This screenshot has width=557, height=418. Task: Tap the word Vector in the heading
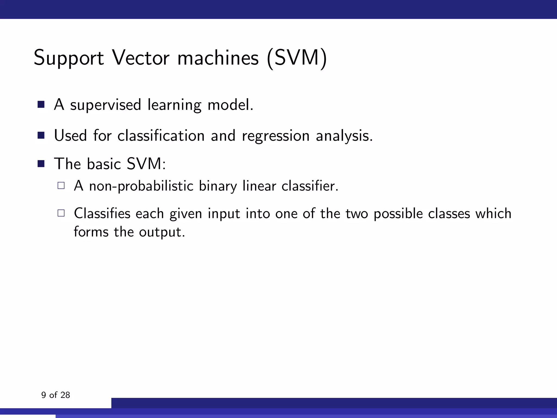click(141, 58)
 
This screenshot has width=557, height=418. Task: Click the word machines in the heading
click(218, 58)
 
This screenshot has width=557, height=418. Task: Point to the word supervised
click(106, 105)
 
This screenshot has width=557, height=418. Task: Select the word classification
click(161, 136)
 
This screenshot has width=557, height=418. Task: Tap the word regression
click(276, 136)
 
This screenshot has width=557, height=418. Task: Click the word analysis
click(344, 136)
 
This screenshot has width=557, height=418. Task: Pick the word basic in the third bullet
click(104, 164)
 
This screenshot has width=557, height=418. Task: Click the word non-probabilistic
click(141, 186)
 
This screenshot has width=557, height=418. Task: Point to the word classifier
click(310, 186)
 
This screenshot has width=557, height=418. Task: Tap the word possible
click(398, 214)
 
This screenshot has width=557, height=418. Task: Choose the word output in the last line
click(162, 232)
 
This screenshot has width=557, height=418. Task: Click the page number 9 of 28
click(55, 395)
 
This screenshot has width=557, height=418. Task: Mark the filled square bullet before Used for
click(41, 135)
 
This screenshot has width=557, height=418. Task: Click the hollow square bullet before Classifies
click(61, 213)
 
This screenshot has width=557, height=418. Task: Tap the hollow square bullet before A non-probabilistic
click(61, 186)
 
